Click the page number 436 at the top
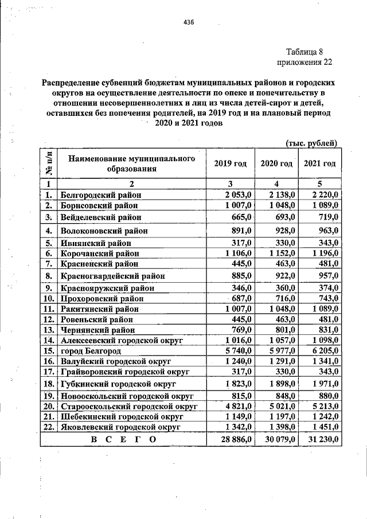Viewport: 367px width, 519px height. pyautogui.click(x=189, y=22)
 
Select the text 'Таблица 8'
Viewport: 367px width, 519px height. pyautogui.click(x=305, y=52)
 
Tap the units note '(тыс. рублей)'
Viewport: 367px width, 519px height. pyautogui.click(x=311, y=143)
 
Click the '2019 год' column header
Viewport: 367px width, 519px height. pyautogui.click(x=230, y=163)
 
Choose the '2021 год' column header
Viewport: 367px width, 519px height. pyautogui.click(x=319, y=163)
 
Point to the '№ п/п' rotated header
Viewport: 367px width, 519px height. pyautogui.click(x=49, y=163)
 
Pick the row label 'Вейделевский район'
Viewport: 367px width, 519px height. pyautogui.click(x=100, y=217)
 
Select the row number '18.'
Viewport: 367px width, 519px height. pyautogui.click(x=49, y=383)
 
